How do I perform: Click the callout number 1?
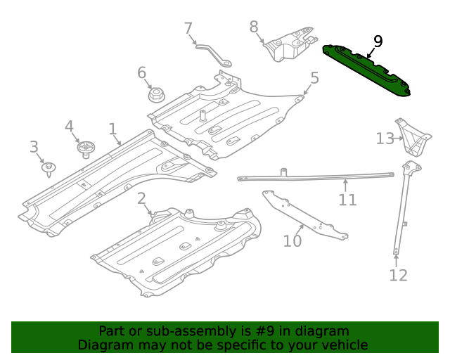tap(112, 129)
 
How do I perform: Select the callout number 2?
tap(141, 198)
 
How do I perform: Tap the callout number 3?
tap(34, 147)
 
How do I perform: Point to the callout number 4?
tap(69, 127)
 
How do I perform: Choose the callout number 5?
tap(314, 78)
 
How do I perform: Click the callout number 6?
tap(141, 72)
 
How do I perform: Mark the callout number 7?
tap(188, 29)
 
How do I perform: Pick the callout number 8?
tap(254, 27)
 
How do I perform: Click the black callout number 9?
tap(378, 41)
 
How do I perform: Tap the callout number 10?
tap(292, 241)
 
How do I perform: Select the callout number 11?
tap(347, 200)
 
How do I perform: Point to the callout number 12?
tap(398, 275)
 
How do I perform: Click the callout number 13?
tap(385, 139)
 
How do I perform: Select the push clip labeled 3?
tap(49, 168)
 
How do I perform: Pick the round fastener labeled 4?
tap(86, 148)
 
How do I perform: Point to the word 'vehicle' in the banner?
tap(342, 345)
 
